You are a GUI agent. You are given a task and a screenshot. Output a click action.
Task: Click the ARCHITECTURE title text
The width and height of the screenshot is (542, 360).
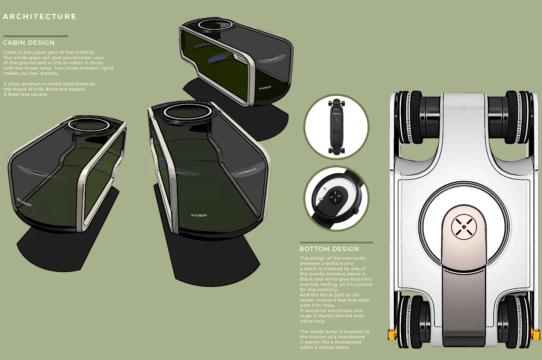click(39, 17)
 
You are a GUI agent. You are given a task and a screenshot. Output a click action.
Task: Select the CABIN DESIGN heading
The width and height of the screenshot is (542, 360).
click(29, 43)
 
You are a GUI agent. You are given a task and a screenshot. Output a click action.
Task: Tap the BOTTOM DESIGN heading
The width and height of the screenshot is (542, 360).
click(329, 249)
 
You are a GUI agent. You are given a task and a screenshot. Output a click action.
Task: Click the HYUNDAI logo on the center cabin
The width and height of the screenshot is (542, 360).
click(199, 215)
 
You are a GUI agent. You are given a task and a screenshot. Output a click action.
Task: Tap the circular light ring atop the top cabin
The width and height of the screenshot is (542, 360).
click(216, 25)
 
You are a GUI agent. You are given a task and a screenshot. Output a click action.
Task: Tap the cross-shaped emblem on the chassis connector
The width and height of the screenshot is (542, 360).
click(464, 227)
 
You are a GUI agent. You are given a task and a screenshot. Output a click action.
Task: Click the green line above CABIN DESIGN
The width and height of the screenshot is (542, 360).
click(35, 36)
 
